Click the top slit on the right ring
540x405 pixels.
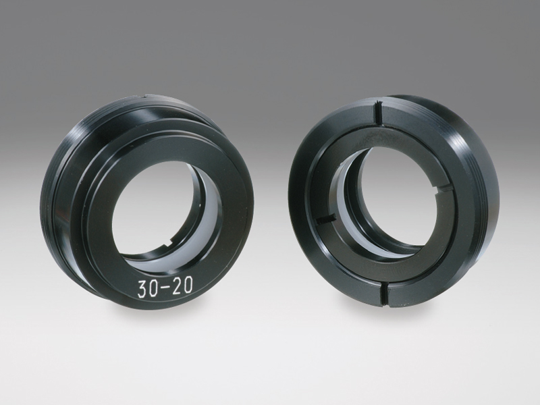point(378,113)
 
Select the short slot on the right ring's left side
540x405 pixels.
point(325,219)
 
